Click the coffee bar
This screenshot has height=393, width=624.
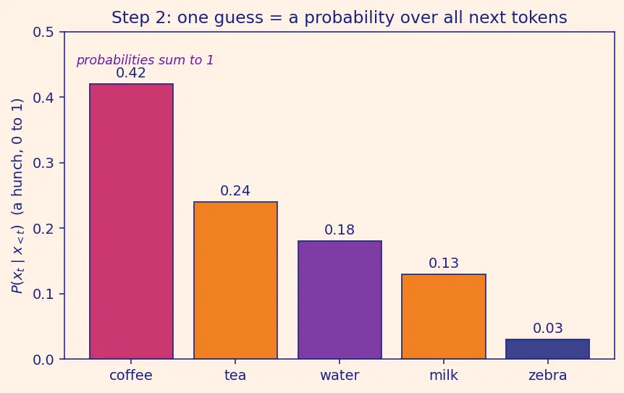point(131,221)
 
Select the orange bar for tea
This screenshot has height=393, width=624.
point(235,280)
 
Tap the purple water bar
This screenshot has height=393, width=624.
point(340,300)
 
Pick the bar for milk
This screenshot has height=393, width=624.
point(444,316)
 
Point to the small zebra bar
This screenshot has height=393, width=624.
point(547,349)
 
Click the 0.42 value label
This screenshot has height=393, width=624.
point(131,73)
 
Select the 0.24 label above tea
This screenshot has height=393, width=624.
point(235,191)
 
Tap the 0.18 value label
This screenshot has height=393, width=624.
point(340,229)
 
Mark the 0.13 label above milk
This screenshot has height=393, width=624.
point(444,263)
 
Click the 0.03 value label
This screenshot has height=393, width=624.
point(548,328)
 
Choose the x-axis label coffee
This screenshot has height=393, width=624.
point(131,375)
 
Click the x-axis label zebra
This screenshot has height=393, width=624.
point(547,375)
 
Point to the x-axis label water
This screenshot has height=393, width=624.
point(340,375)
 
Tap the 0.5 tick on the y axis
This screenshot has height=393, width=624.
point(43,33)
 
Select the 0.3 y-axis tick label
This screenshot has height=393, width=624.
point(43,163)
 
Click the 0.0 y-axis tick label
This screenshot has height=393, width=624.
point(43,360)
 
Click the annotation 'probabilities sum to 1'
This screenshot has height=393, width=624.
point(146,60)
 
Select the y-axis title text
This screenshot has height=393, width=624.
point(17,196)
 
